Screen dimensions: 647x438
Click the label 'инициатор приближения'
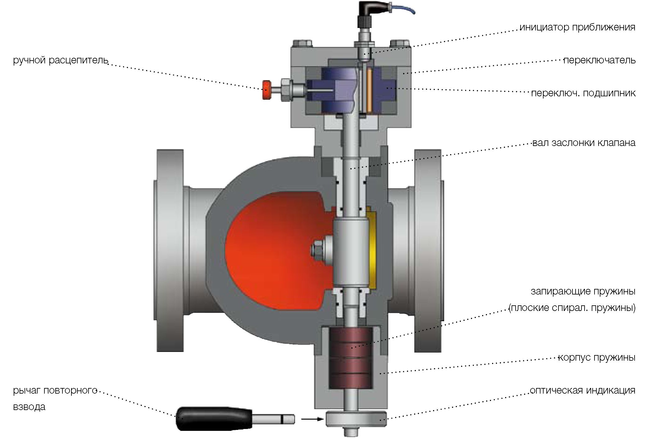(577, 28)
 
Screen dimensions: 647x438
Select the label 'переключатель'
(599, 60)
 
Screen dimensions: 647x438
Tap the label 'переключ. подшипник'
(583, 93)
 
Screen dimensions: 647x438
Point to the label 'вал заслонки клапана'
(584, 143)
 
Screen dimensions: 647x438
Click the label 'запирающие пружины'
(583, 292)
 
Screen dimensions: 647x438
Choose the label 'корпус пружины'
(597, 357)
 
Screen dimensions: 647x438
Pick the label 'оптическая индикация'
(583, 390)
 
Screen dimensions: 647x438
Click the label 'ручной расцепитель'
(61, 60)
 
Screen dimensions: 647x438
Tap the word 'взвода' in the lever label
(29, 407)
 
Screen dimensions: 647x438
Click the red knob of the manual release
(266, 90)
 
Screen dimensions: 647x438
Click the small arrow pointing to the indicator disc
(312, 419)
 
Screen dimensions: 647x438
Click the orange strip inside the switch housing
(369, 90)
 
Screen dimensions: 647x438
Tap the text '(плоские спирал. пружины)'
(572, 308)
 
